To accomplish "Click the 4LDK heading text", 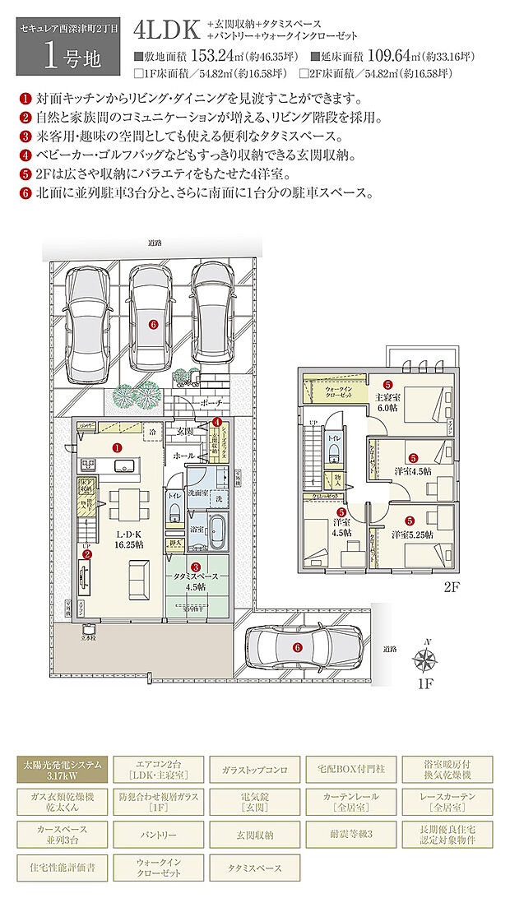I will point(169,32).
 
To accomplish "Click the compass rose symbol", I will point(427,660).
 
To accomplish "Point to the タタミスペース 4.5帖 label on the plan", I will point(196,581).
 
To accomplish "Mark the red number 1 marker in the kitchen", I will point(117,448).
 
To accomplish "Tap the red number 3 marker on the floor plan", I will point(196,567).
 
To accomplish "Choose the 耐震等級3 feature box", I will point(353,834).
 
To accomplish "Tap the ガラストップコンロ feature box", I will point(255,770).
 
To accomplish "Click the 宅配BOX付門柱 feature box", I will point(353,770).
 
